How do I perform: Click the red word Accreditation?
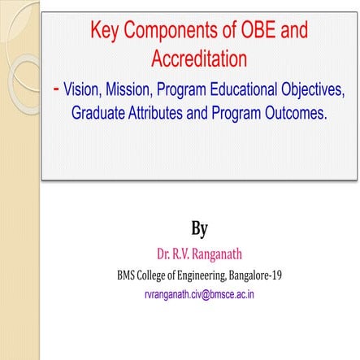(199, 59)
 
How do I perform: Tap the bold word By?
(199, 224)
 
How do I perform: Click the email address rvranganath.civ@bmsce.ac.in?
(199, 293)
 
